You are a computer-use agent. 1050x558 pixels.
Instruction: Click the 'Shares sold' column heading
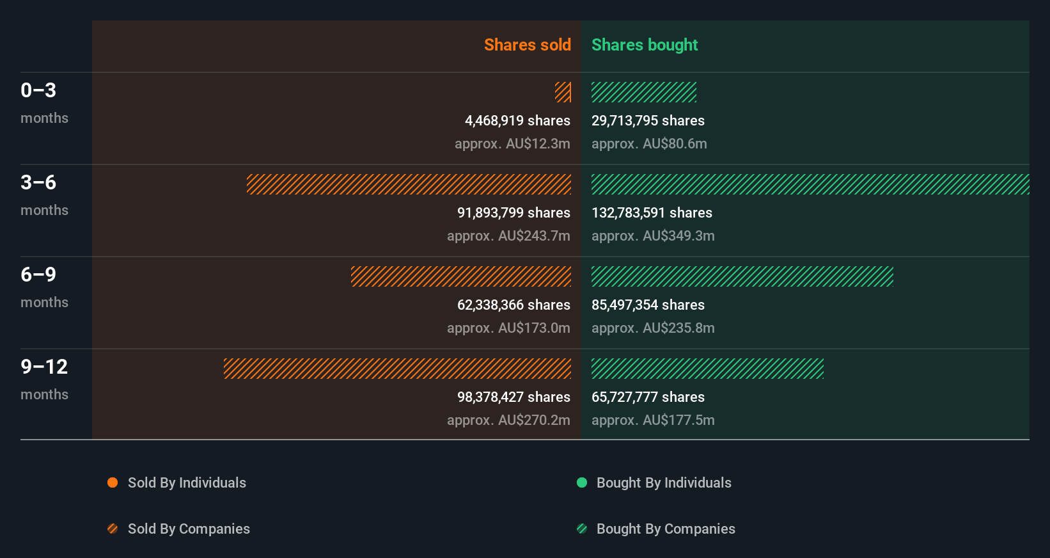[527, 45]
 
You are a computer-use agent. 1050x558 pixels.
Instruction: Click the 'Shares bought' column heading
[644, 45]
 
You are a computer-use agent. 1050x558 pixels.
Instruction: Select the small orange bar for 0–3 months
[563, 92]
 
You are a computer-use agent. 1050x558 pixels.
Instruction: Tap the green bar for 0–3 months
[643, 92]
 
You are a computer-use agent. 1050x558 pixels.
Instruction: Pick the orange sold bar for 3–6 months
[409, 184]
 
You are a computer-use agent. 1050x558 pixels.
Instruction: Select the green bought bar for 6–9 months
[742, 276]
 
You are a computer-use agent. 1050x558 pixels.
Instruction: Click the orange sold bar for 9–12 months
[397, 369]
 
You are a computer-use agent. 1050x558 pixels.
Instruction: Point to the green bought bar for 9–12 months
[707, 369]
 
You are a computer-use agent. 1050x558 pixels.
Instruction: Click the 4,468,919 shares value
[517, 120]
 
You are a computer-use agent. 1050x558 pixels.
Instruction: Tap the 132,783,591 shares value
[652, 212]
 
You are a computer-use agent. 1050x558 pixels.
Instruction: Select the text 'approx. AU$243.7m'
[508, 235]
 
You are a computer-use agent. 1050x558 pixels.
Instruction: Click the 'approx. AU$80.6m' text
[649, 143]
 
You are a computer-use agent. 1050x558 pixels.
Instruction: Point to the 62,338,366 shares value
[513, 305]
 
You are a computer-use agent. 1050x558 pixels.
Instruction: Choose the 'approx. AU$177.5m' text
[653, 420]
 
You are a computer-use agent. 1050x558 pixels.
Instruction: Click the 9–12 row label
[44, 367]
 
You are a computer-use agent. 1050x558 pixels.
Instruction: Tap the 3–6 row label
[38, 183]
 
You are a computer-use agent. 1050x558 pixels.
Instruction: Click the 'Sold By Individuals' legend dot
[113, 482]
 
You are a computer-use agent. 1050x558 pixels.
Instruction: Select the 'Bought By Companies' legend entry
[665, 529]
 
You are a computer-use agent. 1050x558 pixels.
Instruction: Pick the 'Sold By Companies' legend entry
[188, 529]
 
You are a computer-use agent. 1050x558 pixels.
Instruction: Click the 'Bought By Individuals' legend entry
[663, 482]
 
